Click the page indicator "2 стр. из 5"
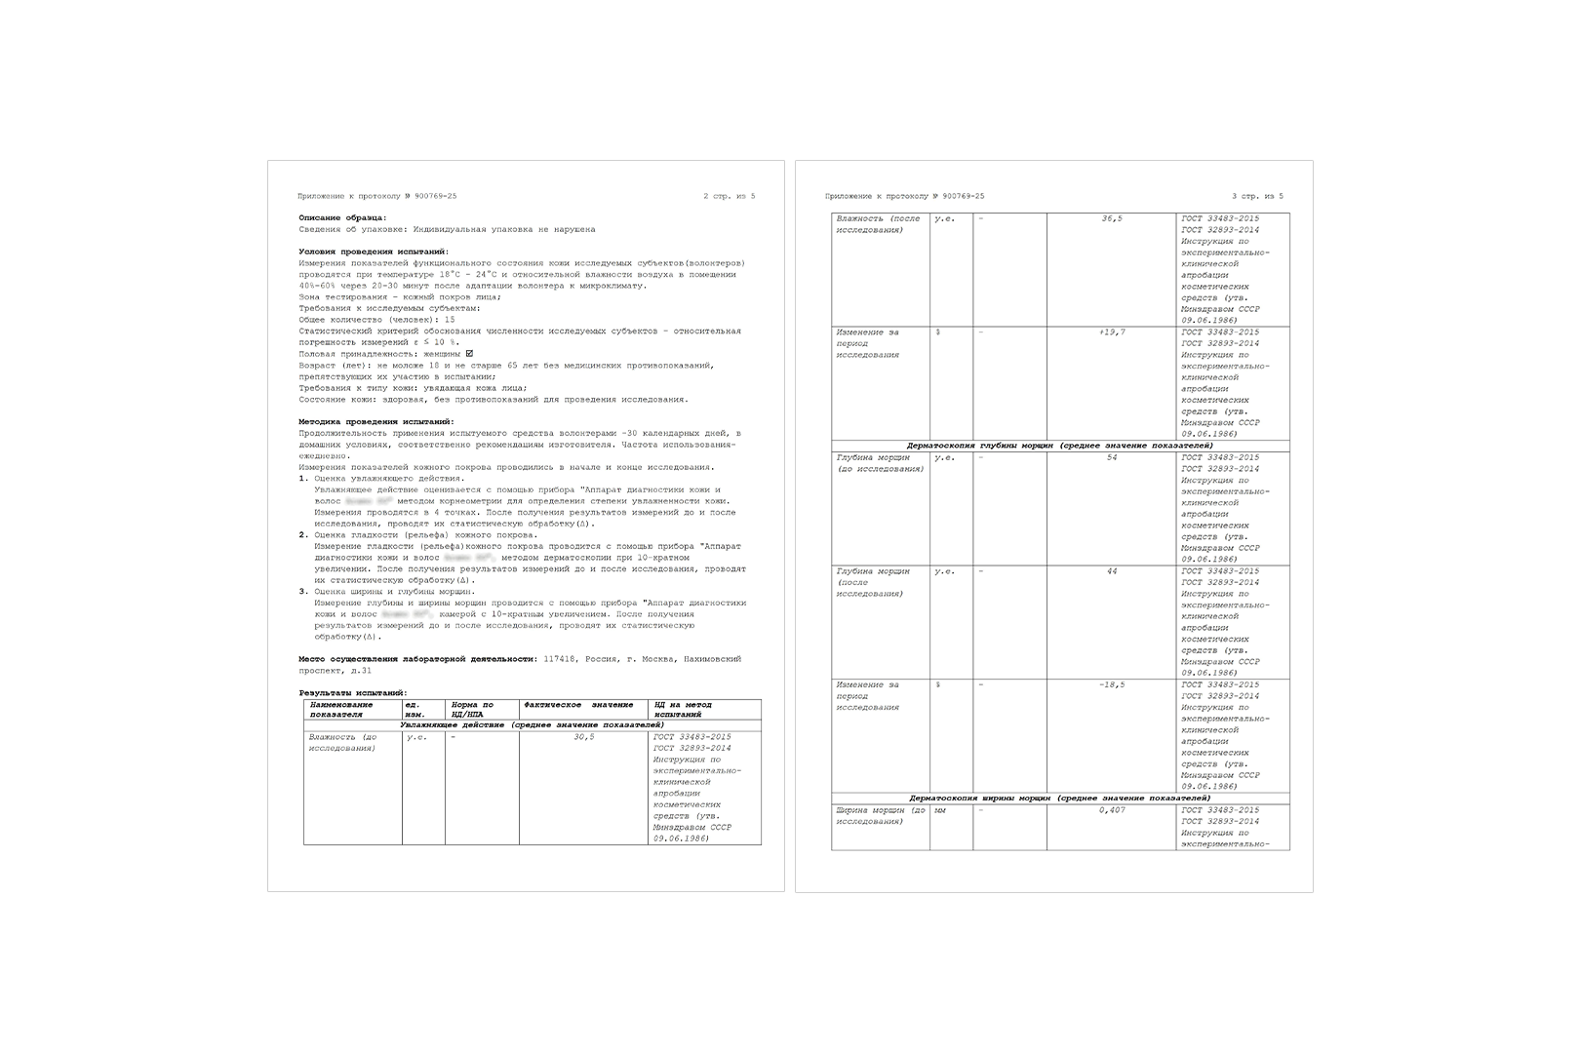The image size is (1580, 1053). click(x=730, y=196)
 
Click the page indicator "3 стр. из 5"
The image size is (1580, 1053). click(x=1257, y=196)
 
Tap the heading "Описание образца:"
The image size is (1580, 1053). click(x=342, y=217)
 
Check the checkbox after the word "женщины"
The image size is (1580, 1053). click(x=469, y=354)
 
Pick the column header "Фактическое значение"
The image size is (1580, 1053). click(x=578, y=704)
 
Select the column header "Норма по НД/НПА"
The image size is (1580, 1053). click(x=473, y=709)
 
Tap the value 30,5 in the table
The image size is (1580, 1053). click(x=584, y=737)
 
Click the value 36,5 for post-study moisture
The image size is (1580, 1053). click(x=1112, y=218)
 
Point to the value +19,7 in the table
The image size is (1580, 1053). click(x=1112, y=332)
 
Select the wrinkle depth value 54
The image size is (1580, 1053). click(x=1112, y=457)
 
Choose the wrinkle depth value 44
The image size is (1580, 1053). click(x=1112, y=571)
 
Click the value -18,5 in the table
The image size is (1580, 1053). click(x=1112, y=684)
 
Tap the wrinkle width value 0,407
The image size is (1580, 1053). click(x=1112, y=810)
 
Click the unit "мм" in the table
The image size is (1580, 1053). click(x=940, y=810)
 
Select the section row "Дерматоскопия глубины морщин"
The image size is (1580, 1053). click(x=1059, y=446)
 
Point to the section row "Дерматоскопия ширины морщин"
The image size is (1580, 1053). click(x=1059, y=798)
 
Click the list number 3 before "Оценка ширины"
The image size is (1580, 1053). click(x=303, y=592)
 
